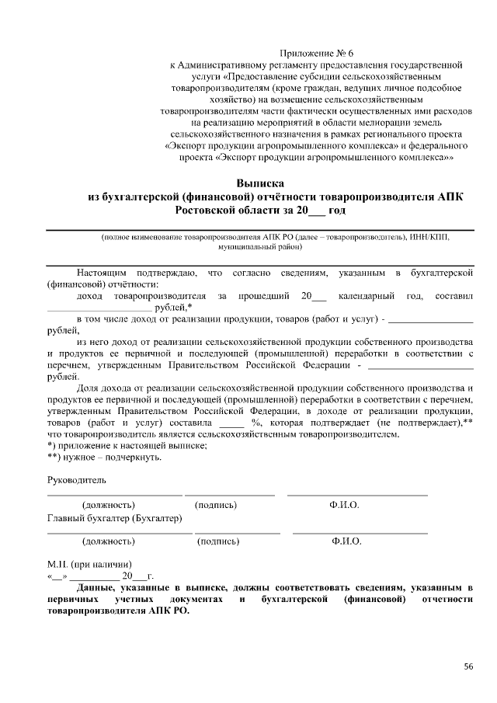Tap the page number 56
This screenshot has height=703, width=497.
469,666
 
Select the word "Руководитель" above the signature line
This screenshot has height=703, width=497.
76,480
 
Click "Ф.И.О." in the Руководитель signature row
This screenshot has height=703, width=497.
344,505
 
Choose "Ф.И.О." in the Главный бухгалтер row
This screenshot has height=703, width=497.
346,541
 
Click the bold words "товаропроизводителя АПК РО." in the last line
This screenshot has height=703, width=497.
118,610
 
